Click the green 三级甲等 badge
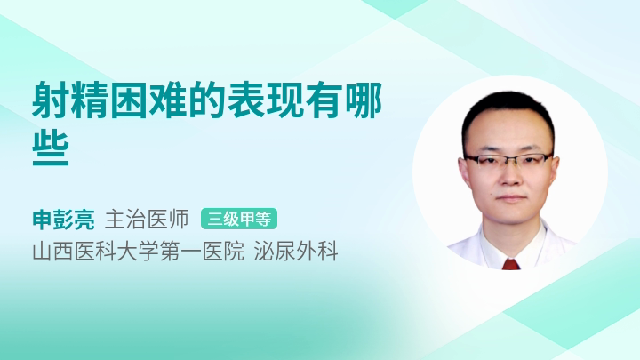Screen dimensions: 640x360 point(239,219)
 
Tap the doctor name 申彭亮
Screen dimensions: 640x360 point(63,220)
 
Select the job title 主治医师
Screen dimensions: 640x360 point(147,220)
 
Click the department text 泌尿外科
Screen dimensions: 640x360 point(296,251)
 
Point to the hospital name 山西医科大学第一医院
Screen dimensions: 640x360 point(139,251)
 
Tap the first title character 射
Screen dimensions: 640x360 point(51,100)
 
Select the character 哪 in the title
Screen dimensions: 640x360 point(364,100)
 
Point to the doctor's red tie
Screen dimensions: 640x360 point(510,264)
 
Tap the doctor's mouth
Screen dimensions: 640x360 point(510,198)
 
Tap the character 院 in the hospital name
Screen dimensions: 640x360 point(234,251)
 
